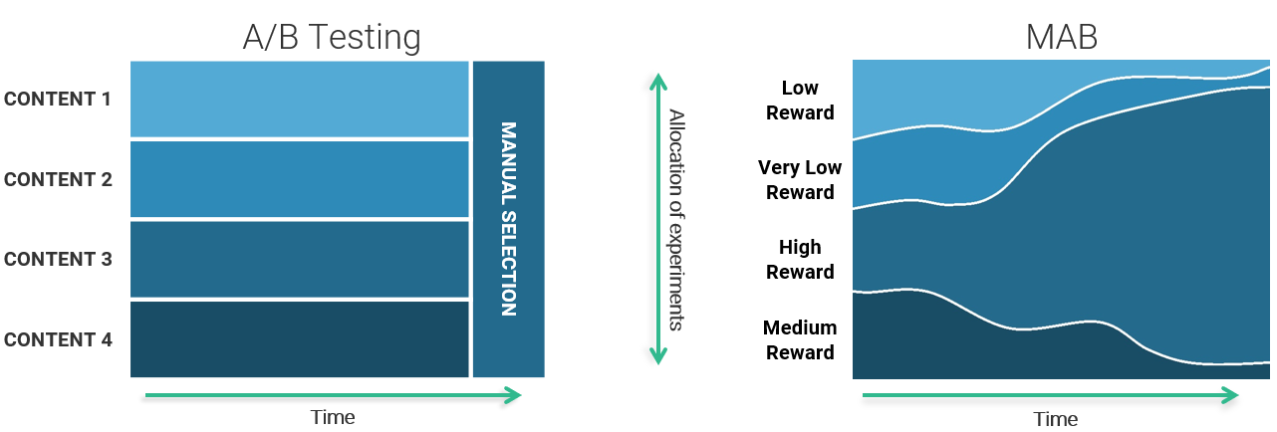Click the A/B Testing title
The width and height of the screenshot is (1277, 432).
coord(332,38)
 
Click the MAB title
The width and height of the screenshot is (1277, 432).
coord(1062,38)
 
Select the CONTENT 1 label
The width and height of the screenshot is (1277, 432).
coord(58,100)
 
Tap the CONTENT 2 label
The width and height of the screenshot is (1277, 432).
coord(58,179)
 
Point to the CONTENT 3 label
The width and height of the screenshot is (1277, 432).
coord(58,260)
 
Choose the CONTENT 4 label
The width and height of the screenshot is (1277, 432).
coord(58,339)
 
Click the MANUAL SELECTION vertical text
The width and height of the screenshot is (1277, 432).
coord(509,219)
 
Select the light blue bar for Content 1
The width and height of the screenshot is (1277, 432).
coord(299,100)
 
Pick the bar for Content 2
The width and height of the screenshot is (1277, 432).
coord(299,179)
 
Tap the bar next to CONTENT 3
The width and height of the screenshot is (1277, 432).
coord(299,260)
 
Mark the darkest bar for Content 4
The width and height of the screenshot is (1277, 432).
coord(299,339)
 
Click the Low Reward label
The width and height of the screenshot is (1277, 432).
coord(800,101)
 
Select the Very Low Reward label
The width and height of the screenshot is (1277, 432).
coord(800,180)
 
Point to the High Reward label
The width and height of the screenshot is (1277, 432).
coord(800,260)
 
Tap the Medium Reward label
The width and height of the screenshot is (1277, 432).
coord(800,340)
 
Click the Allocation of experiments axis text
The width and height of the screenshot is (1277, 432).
coord(676,220)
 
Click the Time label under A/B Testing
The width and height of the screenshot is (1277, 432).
coord(333,417)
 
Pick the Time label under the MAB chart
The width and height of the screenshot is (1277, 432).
coord(1056,419)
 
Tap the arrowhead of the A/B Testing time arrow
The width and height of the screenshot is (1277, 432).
coord(514,395)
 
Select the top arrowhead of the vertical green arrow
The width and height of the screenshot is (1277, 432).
coord(658,82)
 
